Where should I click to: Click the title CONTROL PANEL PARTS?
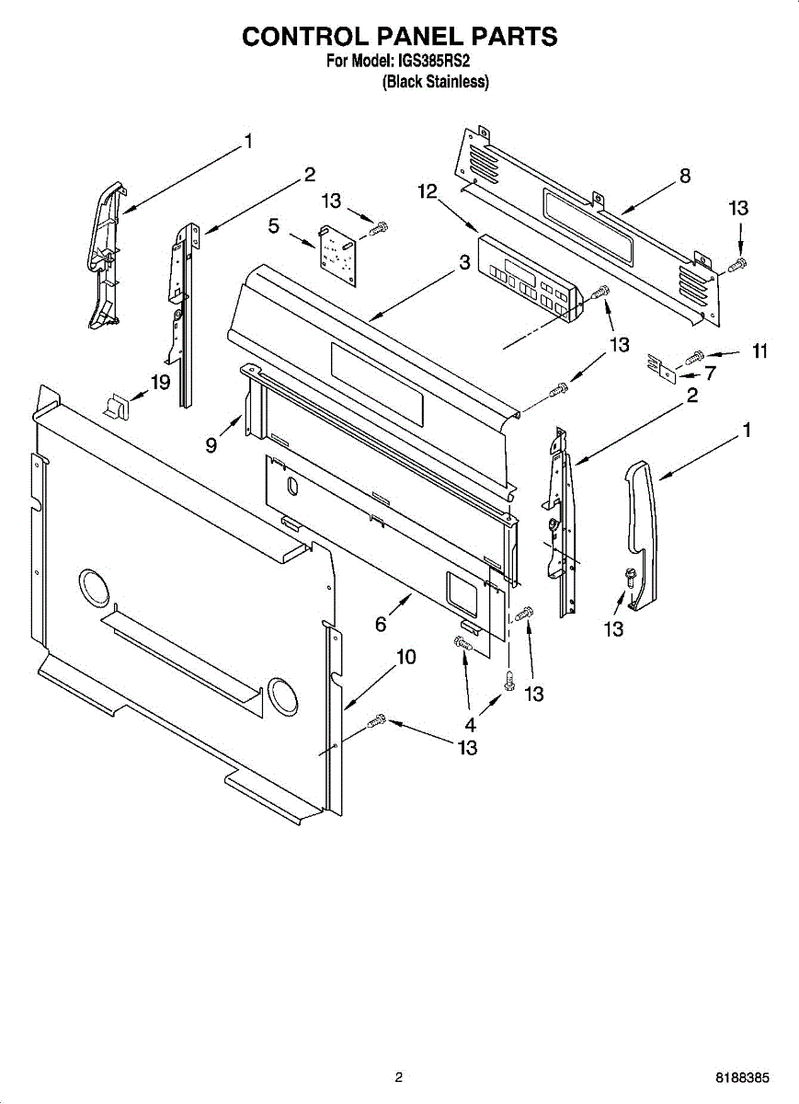point(399,36)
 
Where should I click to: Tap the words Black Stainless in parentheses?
point(435,82)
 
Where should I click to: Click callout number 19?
point(161,382)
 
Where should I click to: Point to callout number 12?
point(426,191)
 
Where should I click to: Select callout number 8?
point(685,176)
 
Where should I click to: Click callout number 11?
point(759,351)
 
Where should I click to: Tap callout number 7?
point(709,373)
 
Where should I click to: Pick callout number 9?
point(211,445)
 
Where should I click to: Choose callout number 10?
point(405,657)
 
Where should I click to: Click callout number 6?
point(381,625)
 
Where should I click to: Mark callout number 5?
point(273,224)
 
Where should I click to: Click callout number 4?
point(470,723)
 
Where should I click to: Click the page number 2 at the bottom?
point(398,1077)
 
